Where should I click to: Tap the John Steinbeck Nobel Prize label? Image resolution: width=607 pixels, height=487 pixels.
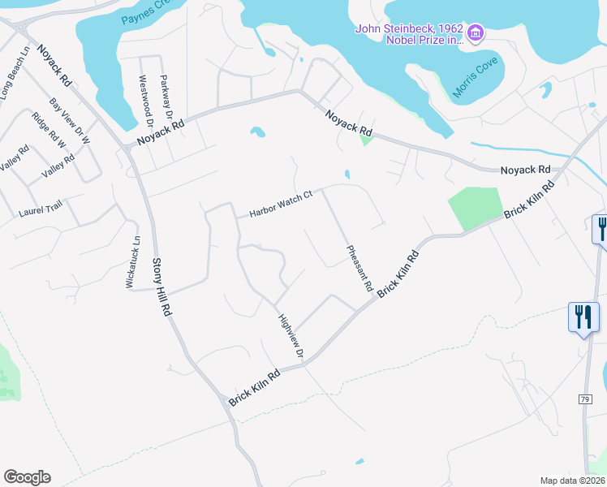(x=409, y=35)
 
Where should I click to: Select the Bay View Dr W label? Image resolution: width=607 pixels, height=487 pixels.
(x=70, y=122)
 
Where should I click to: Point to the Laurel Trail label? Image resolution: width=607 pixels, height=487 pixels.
(x=40, y=211)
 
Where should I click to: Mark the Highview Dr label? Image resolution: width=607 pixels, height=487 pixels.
(x=290, y=338)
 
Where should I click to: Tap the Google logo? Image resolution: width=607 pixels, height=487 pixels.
(x=27, y=477)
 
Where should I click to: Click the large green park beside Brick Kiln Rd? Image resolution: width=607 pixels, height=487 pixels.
(x=475, y=207)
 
